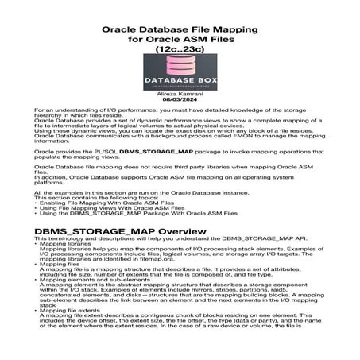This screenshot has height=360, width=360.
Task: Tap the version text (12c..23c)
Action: (x=180, y=48)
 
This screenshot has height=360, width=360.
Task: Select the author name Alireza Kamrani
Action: (x=180, y=94)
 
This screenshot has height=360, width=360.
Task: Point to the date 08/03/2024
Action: (x=180, y=100)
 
